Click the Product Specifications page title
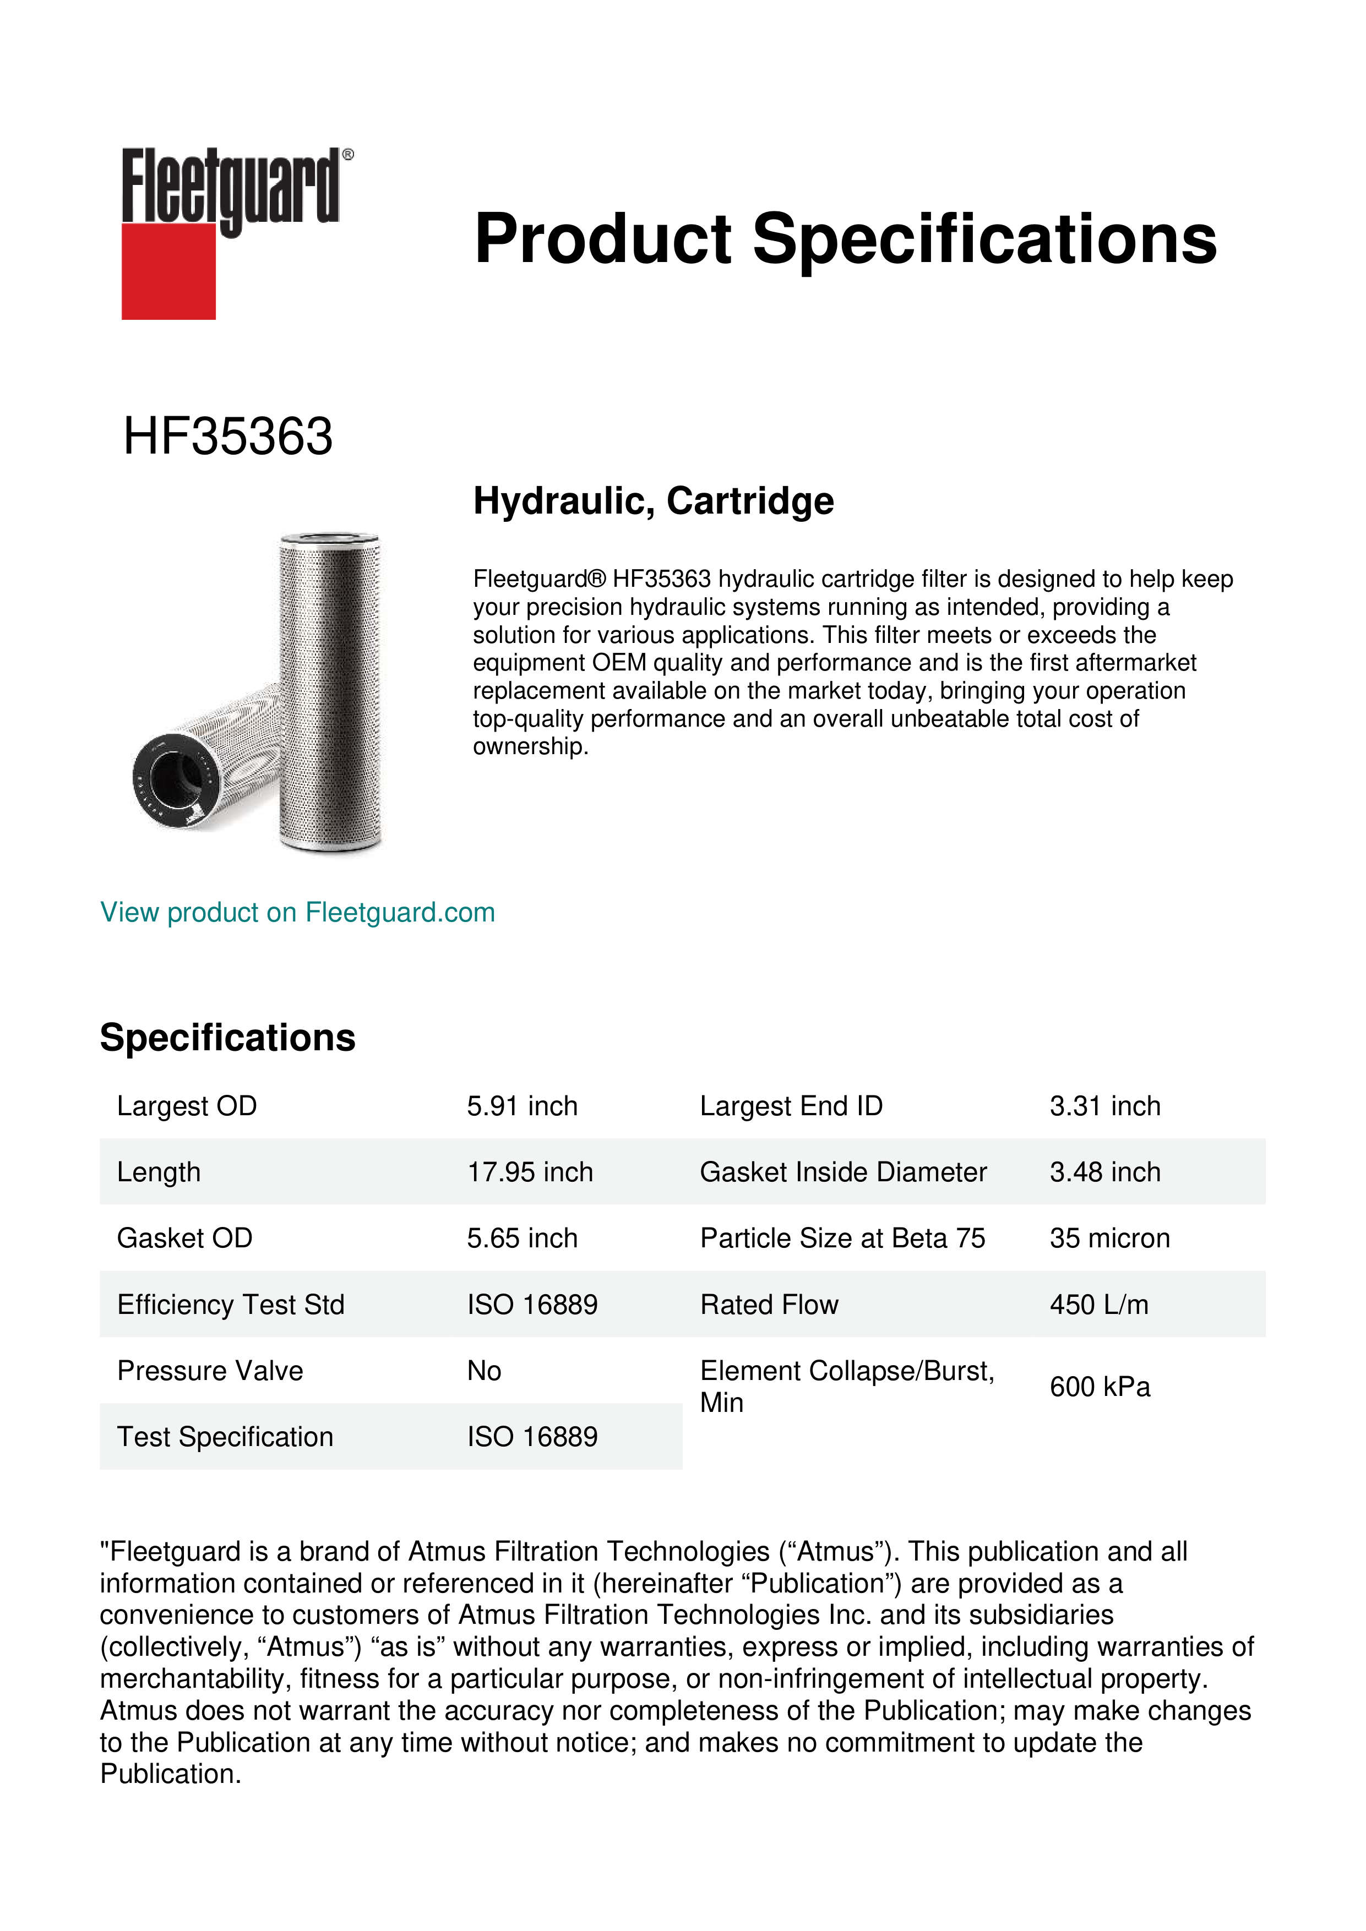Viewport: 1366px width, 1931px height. (845, 239)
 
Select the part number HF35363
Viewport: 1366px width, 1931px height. (228, 437)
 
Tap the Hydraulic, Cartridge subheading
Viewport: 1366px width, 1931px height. (653, 501)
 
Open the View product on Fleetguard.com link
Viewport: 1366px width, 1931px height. (297, 913)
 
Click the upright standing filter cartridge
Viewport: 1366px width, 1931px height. (330, 690)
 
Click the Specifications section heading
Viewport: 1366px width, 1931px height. (227, 1038)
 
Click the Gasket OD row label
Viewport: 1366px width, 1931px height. (184, 1238)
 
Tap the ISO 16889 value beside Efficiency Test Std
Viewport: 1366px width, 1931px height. (532, 1305)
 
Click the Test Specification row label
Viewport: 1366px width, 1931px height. (225, 1437)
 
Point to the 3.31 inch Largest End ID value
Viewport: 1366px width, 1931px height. (1104, 1106)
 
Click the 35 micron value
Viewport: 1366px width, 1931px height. (1109, 1238)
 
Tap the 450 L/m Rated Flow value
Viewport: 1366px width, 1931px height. (1098, 1305)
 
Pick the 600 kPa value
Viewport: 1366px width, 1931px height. (1100, 1387)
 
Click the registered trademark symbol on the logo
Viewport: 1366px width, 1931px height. (348, 155)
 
